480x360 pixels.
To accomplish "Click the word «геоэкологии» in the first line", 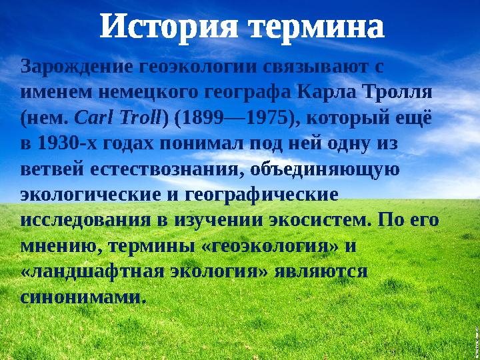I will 195,67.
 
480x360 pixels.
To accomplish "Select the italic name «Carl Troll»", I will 118,118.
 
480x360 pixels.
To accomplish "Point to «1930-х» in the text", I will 67,143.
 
